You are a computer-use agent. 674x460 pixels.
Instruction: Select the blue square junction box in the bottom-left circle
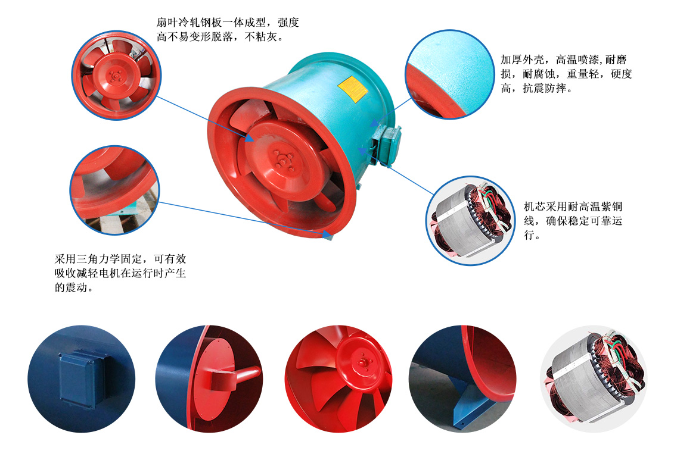point(82,377)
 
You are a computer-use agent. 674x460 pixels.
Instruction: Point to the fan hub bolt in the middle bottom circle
point(362,361)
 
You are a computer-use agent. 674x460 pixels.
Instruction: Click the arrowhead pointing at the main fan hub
point(252,139)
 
